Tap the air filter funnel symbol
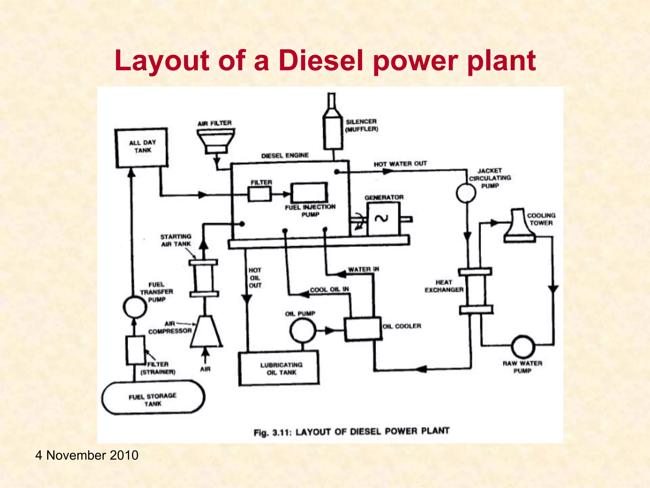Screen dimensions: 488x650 [216, 140]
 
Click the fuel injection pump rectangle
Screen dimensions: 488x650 [310, 193]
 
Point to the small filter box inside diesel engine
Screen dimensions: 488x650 [260, 194]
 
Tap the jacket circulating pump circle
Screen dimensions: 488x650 [466, 193]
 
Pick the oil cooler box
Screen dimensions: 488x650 [363, 329]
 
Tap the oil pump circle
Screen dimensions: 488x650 [302, 331]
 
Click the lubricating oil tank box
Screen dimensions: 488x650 [279, 368]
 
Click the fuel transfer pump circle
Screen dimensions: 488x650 [135, 307]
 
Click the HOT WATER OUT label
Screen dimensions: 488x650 [400, 164]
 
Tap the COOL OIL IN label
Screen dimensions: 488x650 [329, 289]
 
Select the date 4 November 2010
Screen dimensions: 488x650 [87, 455]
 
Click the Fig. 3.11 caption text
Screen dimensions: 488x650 [351, 432]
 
